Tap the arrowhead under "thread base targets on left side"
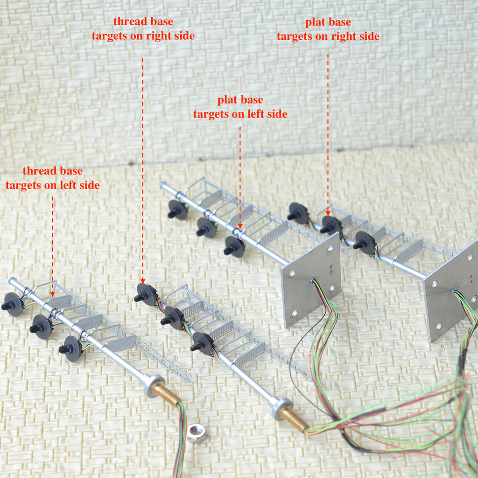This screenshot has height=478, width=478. pyautogui.click(x=52, y=293)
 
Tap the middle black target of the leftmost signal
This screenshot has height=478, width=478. pyautogui.click(x=41, y=326)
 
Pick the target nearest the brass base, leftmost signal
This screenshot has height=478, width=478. pyautogui.click(x=70, y=348)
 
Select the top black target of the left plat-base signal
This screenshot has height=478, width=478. pyautogui.click(x=177, y=210)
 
